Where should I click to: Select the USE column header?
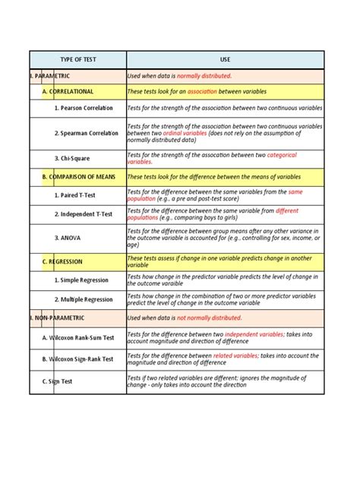[225, 59]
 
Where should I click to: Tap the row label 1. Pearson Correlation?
[87, 109]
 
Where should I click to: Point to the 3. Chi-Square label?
[73, 158]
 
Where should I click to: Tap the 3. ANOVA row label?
[68, 238]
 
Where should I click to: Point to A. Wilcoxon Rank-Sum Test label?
[78, 338]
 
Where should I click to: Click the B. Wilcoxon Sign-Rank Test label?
[78, 358]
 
